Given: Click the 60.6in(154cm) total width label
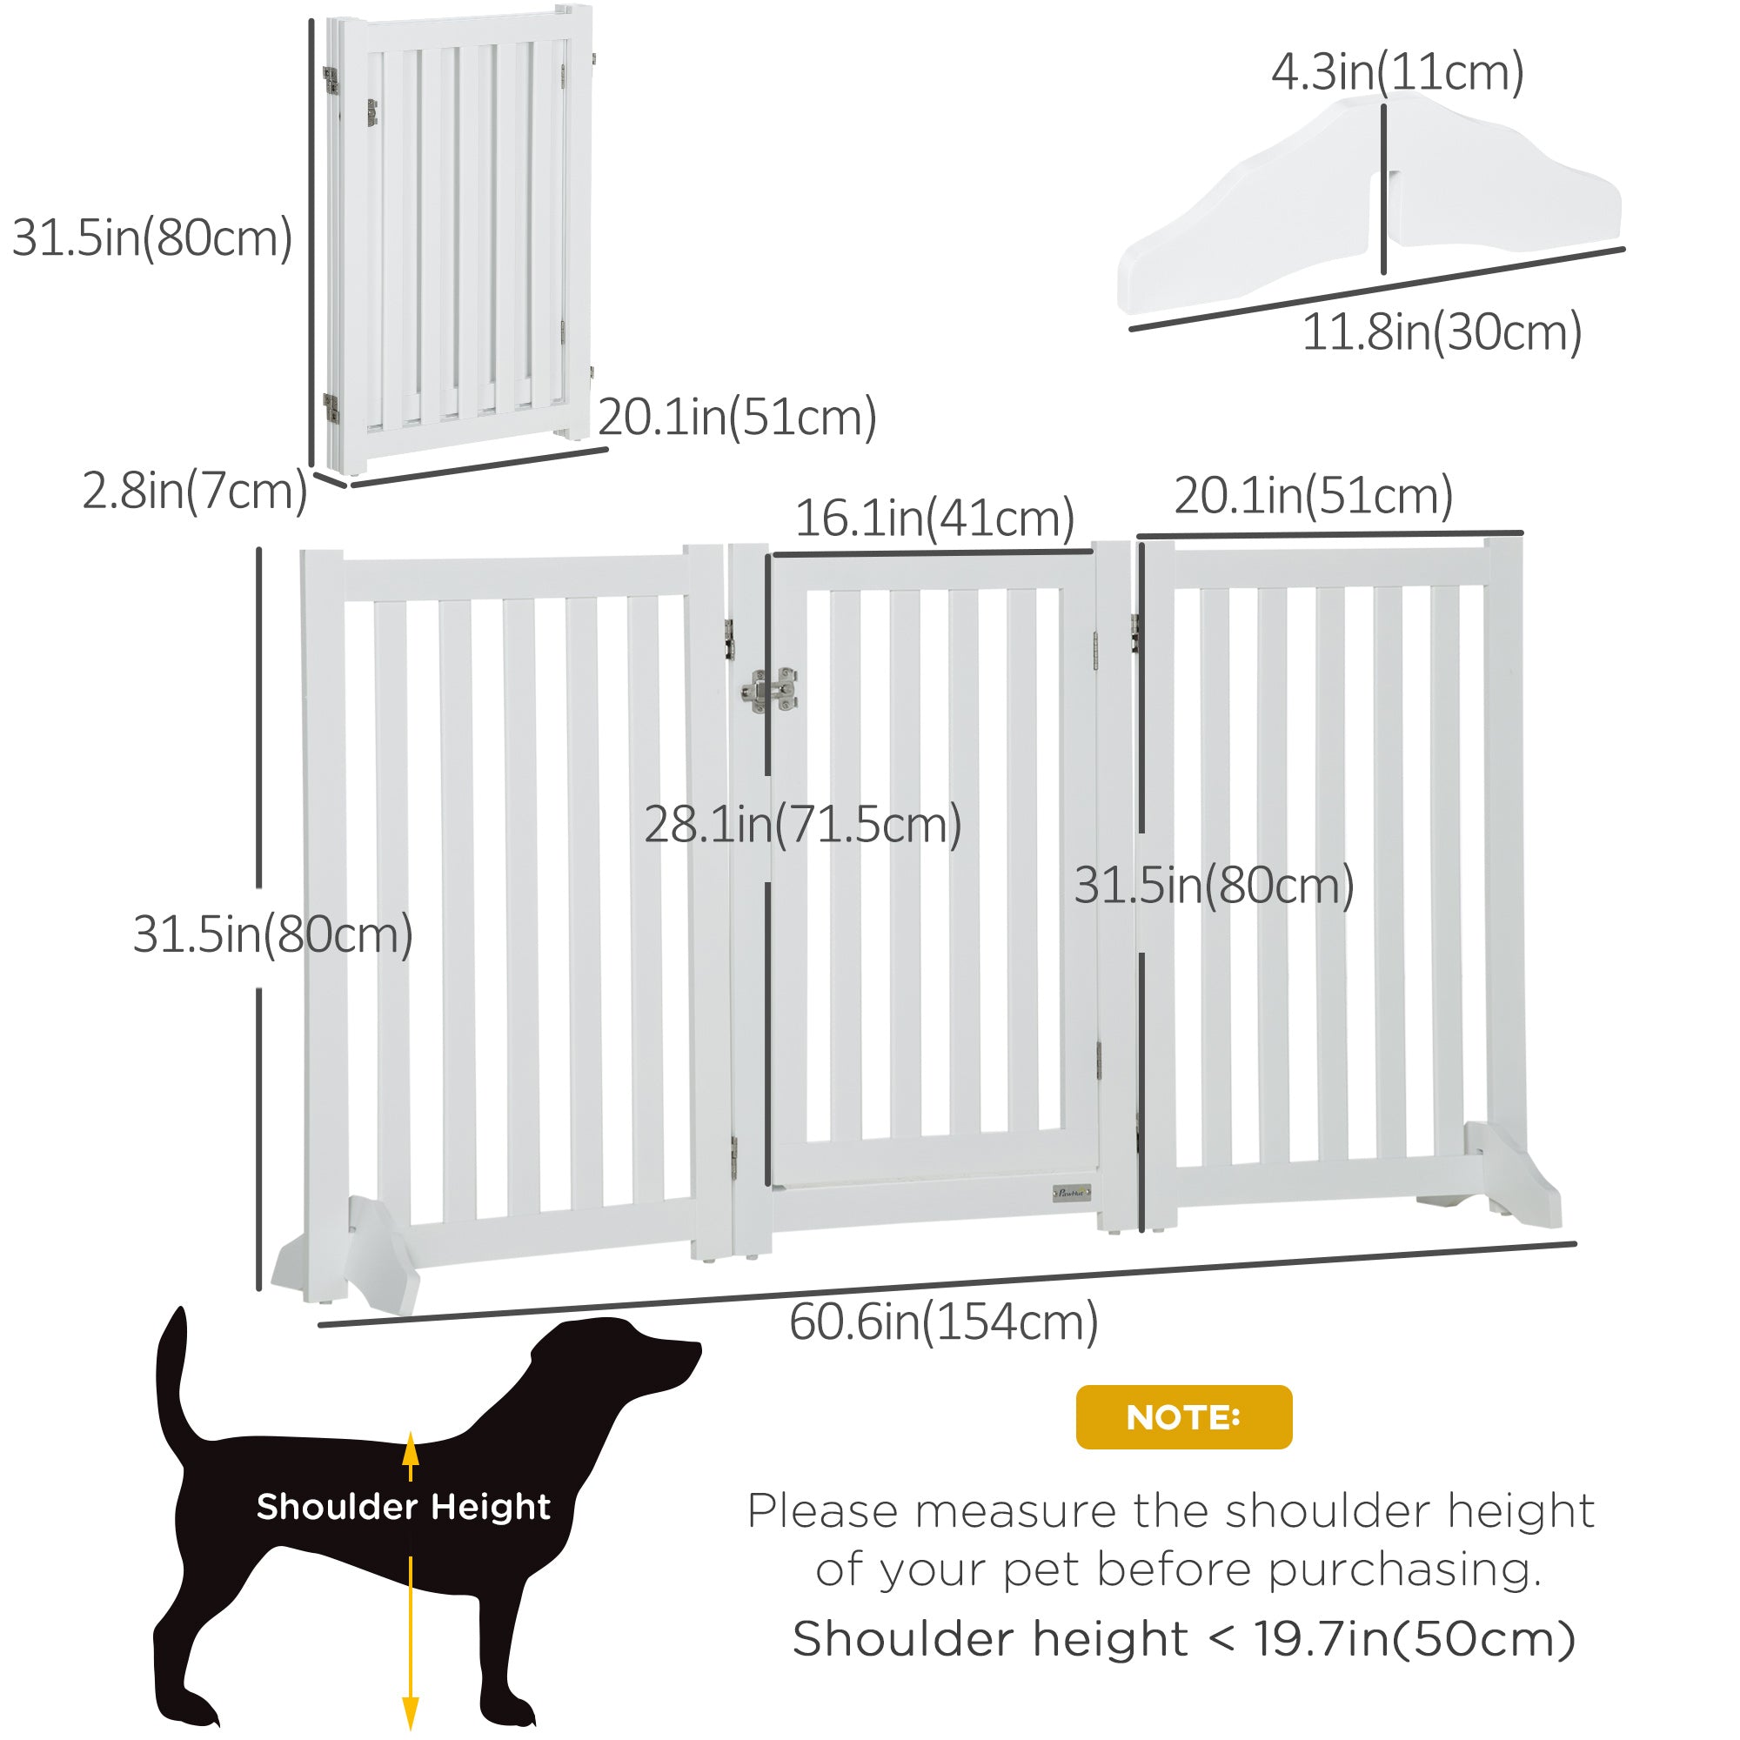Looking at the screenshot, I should (x=943, y=1322).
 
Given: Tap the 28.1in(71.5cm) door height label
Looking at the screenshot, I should (x=802, y=824).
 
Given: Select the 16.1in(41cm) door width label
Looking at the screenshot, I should (x=934, y=518).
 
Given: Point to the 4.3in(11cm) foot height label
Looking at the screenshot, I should (x=1397, y=72).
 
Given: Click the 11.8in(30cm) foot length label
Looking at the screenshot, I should (x=1442, y=332).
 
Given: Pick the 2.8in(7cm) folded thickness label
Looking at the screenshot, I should (x=195, y=491).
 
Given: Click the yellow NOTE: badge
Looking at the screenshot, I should (x=1183, y=1417).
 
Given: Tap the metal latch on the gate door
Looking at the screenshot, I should (x=768, y=691).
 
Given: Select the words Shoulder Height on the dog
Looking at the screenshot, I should (x=403, y=1507).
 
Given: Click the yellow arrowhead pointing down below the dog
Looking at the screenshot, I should (x=411, y=1710).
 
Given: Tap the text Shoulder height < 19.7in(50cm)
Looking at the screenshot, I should (x=1183, y=1638).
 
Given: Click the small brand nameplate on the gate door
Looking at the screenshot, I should (x=1072, y=1195).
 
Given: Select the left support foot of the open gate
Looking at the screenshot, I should (x=347, y=1255).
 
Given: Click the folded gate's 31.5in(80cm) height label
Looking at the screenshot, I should (x=151, y=238).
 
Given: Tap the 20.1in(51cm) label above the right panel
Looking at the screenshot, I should (x=1313, y=495).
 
